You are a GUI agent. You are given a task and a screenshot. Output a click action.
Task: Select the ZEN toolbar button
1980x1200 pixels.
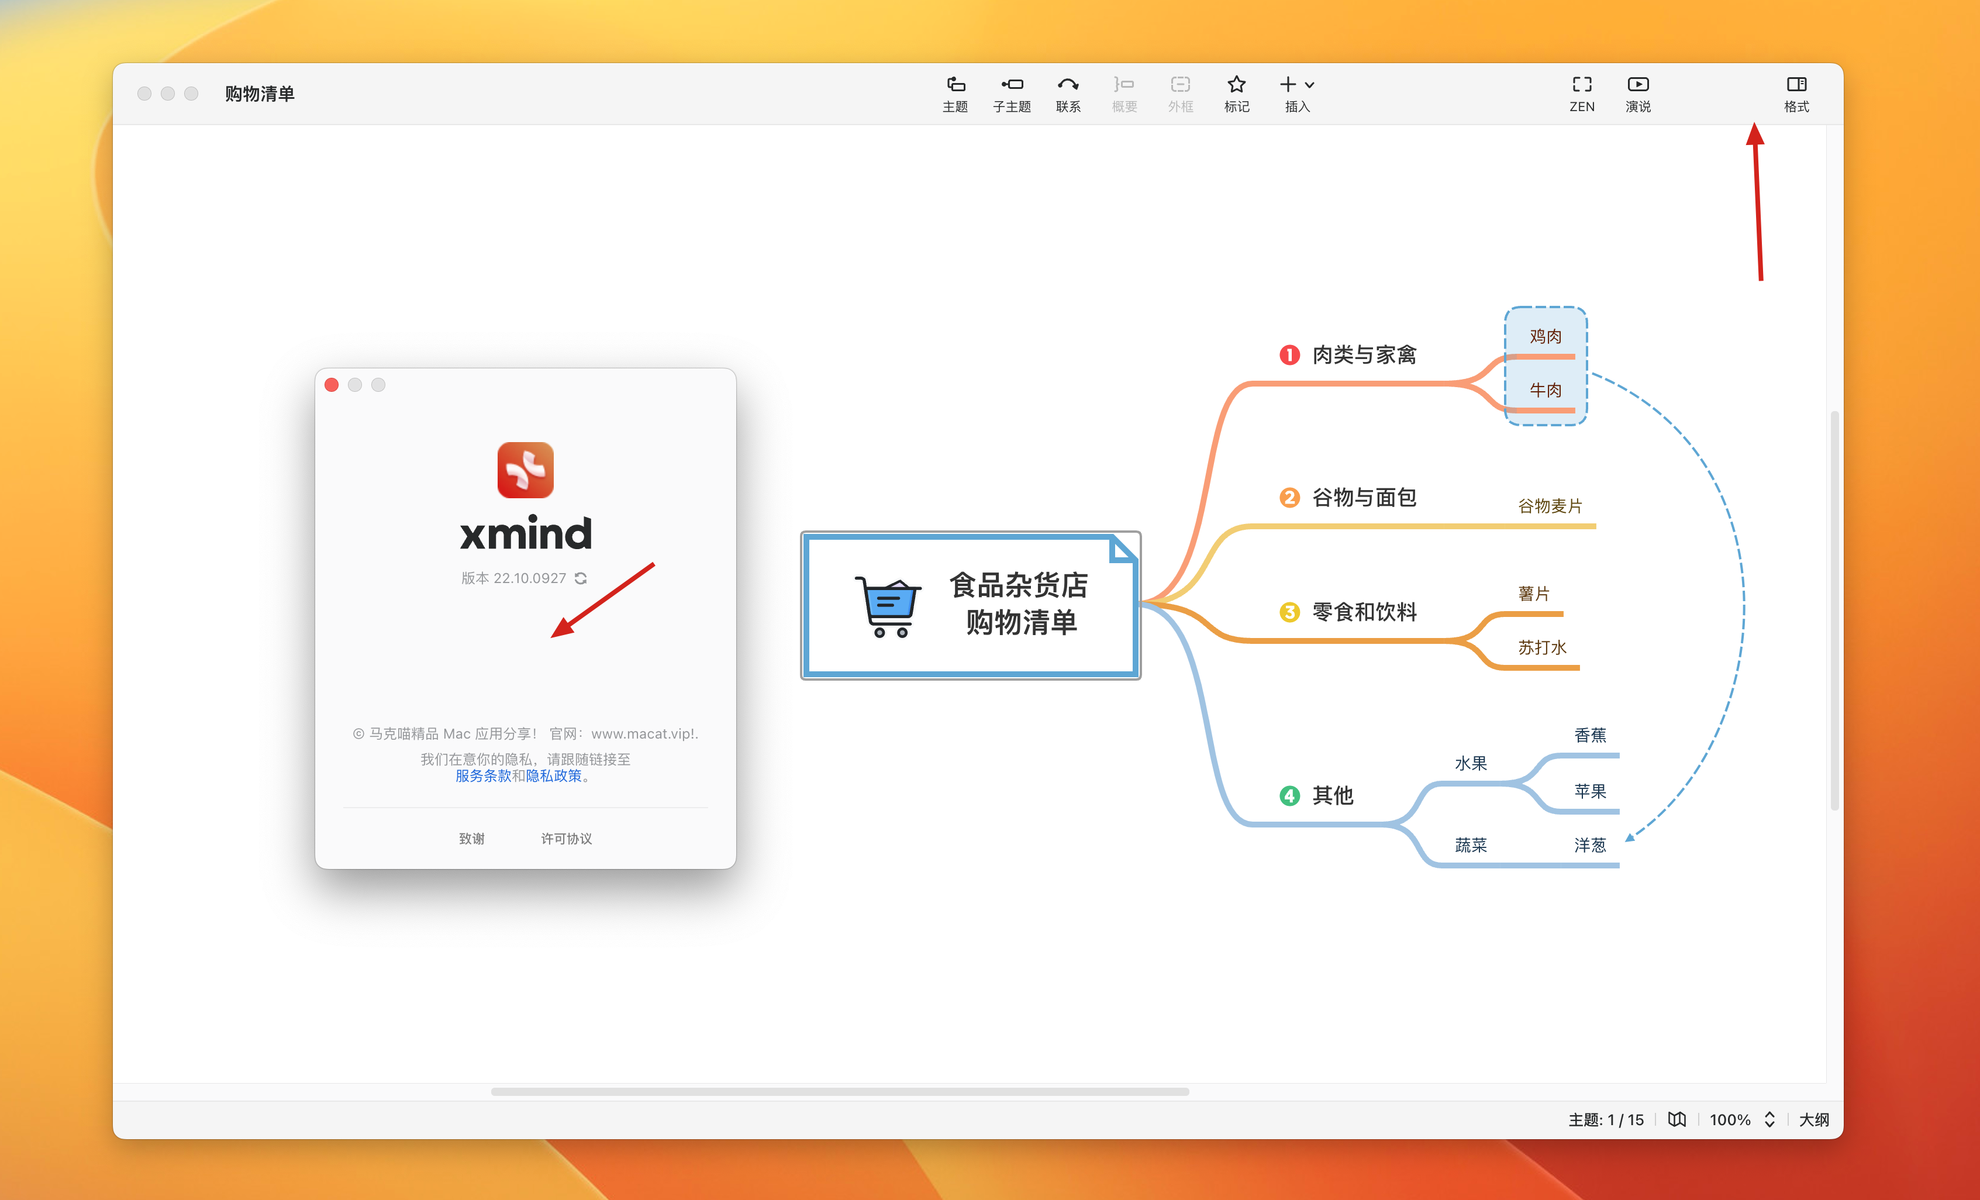click(1581, 93)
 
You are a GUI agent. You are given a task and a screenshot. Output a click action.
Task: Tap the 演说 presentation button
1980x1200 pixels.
click(1638, 93)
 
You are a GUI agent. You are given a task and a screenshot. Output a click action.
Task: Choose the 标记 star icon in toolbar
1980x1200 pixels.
click(1236, 93)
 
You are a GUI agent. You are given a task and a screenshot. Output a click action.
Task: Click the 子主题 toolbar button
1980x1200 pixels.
click(1012, 93)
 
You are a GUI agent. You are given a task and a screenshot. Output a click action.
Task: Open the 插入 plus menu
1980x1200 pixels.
click(1296, 93)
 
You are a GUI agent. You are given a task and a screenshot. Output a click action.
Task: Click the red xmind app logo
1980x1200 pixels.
click(526, 470)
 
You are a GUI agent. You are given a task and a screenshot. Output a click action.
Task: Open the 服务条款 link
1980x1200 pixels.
click(483, 775)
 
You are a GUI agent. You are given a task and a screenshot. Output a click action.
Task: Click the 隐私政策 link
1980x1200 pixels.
click(554, 775)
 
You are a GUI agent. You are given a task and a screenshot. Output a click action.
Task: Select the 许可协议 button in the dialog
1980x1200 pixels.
click(567, 839)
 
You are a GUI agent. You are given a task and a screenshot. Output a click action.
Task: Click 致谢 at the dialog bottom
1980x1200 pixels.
click(472, 839)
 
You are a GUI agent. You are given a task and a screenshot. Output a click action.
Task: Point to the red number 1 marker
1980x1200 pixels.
click(1289, 355)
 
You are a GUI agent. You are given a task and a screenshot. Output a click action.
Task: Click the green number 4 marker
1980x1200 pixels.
click(1289, 796)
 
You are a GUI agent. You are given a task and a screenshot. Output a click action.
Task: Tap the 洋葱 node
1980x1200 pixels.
click(1589, 846)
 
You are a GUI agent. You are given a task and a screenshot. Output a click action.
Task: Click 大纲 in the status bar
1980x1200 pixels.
click(1814, 1120)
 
